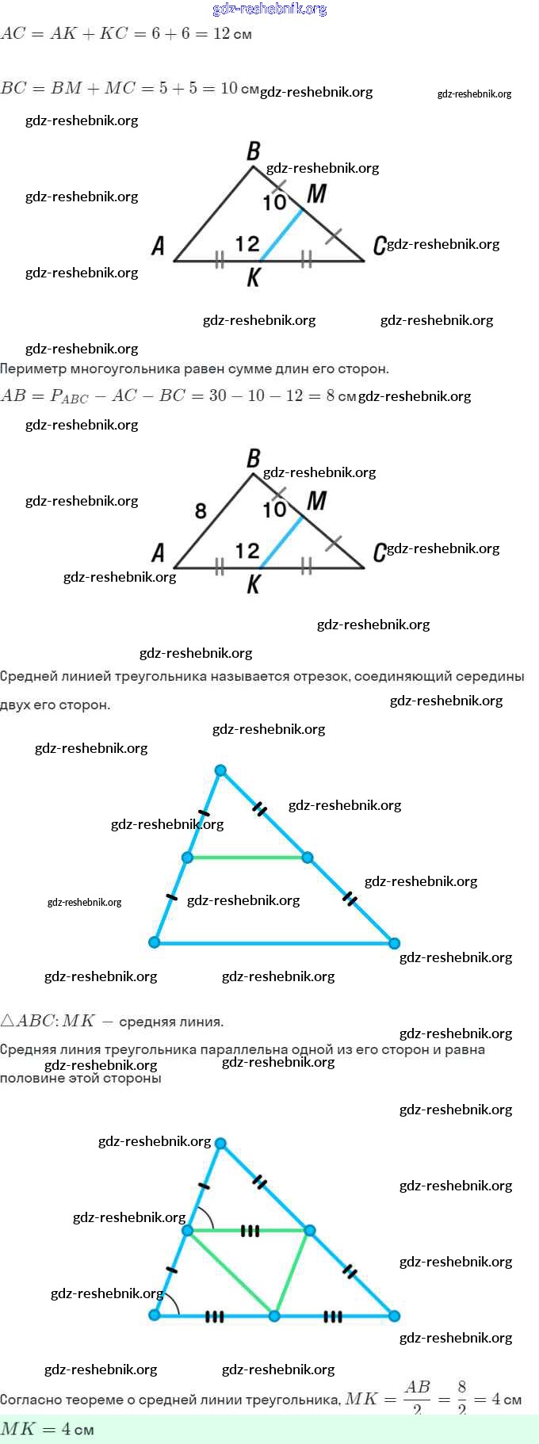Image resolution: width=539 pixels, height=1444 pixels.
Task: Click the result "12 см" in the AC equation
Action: pyautogui.click(x=231, y=34)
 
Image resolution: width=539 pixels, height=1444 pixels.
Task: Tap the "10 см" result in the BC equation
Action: pyautogui.click(x=239, y=88)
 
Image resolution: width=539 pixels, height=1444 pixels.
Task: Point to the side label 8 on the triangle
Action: pyautogui.click(x=201, y=511)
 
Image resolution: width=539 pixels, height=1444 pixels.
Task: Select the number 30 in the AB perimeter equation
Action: pyautogui.click(x=218, y=395)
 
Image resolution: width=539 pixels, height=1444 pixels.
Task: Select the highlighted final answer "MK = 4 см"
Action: pyautogui.click(x=48, y=1429)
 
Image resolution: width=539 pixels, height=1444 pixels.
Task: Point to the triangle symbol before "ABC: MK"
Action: pyautogui.click(x=8, y=1021)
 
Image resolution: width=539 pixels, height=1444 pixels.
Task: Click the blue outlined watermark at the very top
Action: pyautogui.click(x=269, y=10)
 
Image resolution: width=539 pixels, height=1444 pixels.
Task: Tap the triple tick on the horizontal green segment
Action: pyautogui.click(x=250, y=1231)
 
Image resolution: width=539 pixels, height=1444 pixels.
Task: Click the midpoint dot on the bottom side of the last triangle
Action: pyautogui.click(x=274, y=1316)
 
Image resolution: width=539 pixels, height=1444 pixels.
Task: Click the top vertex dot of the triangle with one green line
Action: pyautogui.click(x=221, y=770)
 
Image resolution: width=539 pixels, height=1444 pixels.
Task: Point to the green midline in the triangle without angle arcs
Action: pyautogui.click(x=247, y=858)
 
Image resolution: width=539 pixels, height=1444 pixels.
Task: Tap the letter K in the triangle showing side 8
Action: pyautogui.click(x=253, y=584)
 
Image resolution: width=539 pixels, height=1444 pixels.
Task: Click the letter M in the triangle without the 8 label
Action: pyautogui.click(x=316, y=193)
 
